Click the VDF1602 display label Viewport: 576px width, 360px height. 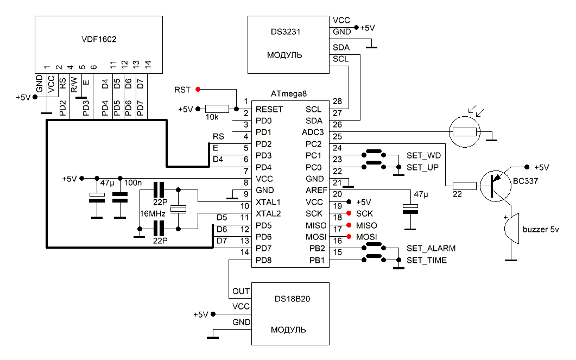pyautogui.click(x=98, y=40)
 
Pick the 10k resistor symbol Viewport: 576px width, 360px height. pyautogui.click(x=217, y=109)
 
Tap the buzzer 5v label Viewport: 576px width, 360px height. pyautogui.click(x=540, y=230)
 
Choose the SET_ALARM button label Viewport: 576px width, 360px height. pyautogui.click(x=431, y=249)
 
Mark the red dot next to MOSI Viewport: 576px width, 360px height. pyautogui.click(x=349, y=236)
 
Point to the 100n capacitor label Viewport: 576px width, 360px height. pyautogui.click(x=132, y=182)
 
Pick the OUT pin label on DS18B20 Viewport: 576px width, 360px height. pyautogui.click(x=240, y=292)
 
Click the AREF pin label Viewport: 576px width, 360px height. pyautogui.click(x=315, y=191)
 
